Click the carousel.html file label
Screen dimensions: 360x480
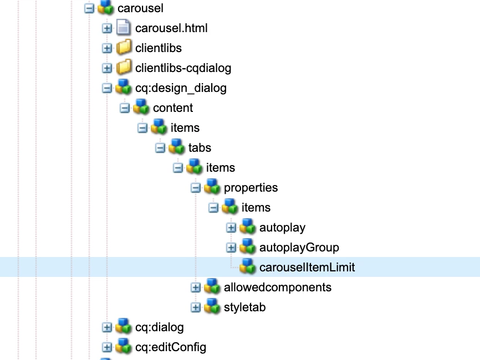coord(171,28)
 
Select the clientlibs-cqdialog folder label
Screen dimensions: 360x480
coord(183,68)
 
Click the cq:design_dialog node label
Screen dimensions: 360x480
coord(181,88)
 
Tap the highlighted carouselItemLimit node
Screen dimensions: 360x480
coord(307,268)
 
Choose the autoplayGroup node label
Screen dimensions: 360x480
coord(299,248)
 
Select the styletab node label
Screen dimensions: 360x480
coord(244,307)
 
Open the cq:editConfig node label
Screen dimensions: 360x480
coord(171,347)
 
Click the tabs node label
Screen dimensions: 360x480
coord(200,148)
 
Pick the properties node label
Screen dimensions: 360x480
coord(251,188)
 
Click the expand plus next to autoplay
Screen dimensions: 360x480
coord(231,228)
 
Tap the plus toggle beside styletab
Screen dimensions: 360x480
coord(196,307)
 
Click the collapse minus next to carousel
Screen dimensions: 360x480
coord(89,8)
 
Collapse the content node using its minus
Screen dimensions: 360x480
coord(125,108)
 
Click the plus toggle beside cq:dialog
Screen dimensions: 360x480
coord(107,327)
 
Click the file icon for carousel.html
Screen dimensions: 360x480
coord(124,28)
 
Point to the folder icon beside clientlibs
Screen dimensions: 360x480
coord(124,48)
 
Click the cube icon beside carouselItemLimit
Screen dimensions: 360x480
coord(247,268)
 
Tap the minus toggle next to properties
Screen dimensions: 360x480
coord(196,188)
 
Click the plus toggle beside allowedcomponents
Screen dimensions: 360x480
coord(196,287)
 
